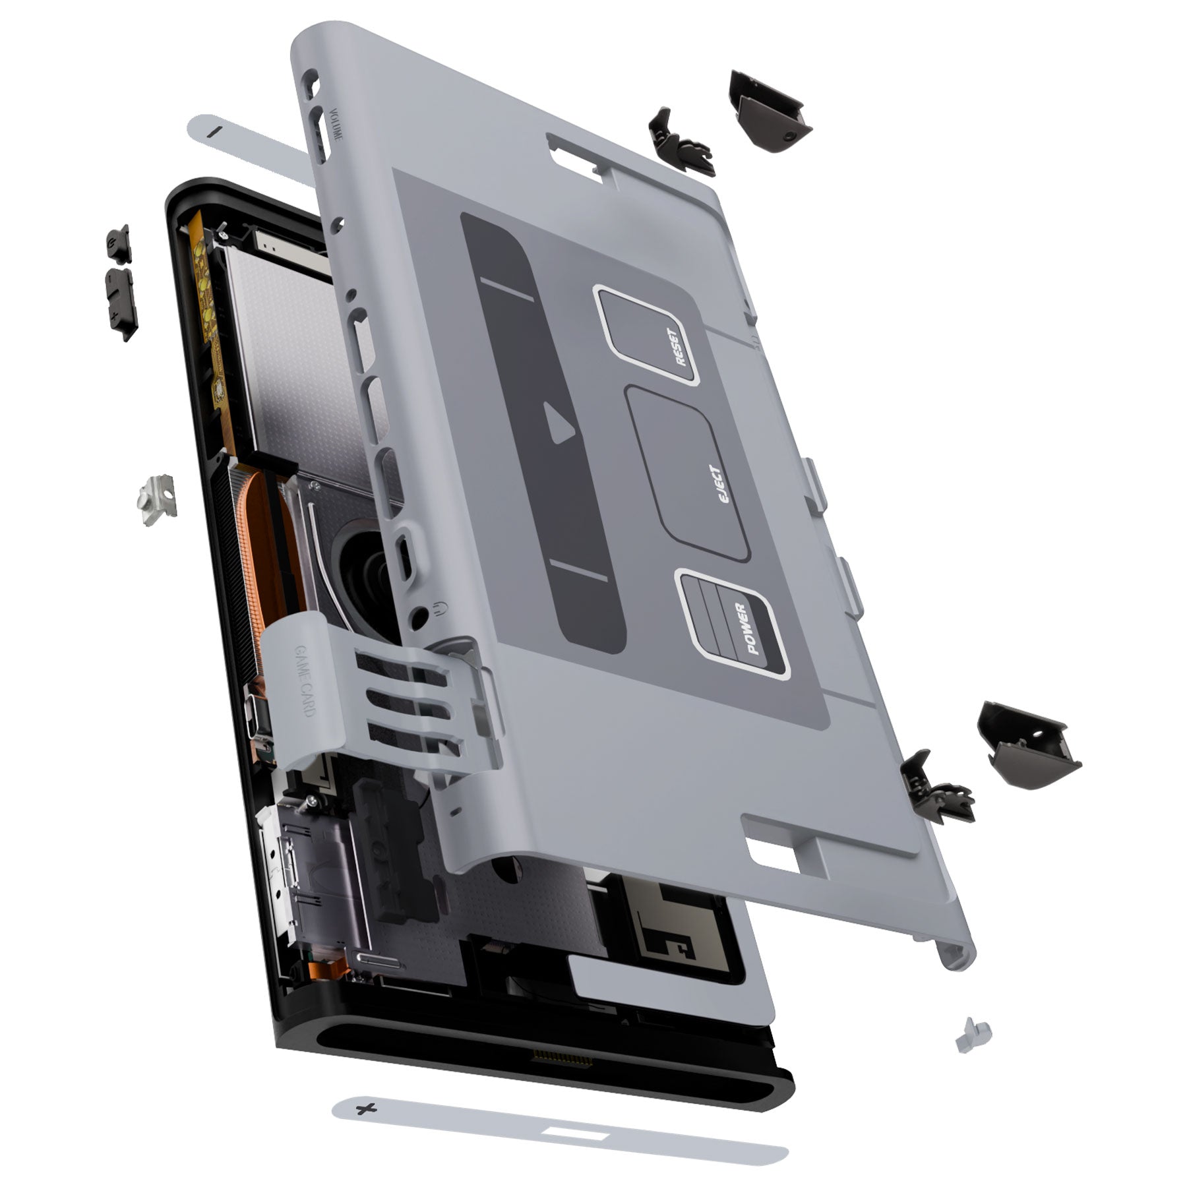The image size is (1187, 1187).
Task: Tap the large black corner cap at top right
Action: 768,111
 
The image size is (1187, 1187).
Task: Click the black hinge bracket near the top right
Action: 679,141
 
